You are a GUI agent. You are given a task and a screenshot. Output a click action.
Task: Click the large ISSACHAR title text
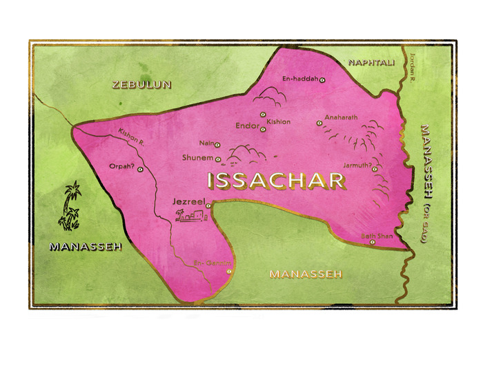tap(276, 181)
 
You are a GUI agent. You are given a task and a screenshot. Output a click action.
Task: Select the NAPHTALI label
tap(371, 63)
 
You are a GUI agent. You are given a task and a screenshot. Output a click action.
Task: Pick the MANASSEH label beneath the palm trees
tap(86, 246)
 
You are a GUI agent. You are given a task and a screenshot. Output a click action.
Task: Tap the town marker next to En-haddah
tap(322, 80)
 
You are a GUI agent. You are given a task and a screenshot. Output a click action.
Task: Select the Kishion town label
tap(278, 122)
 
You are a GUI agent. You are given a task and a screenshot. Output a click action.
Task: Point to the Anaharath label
tap(341, 117)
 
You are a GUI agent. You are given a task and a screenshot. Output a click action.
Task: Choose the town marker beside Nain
tap(217, 145)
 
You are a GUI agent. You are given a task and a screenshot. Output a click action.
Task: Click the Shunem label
tap(197, 157)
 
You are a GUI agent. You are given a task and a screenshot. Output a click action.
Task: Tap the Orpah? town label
tap(121, 165)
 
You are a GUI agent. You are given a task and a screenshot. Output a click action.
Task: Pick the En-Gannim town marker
tap(228, 272)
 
